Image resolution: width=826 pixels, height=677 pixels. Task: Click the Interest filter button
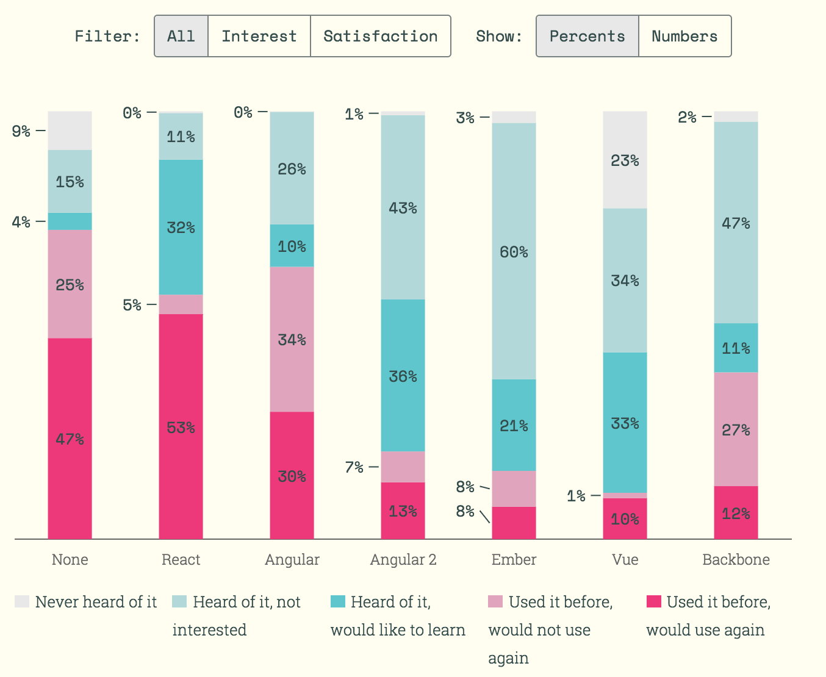pyautogui.click(x=259, y=37)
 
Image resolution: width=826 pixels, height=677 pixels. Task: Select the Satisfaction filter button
pyautogui.click(x=380, y=37)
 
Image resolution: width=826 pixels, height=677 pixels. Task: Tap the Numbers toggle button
pyautogui.click(x=684, y=37)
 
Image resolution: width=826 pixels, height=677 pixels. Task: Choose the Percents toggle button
pyautogui.click(x=587, y=37)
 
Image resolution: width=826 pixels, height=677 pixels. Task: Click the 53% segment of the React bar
pyautogui.click(x=181, y=426)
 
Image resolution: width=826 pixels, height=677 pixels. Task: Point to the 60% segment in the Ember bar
pyautogui.click(x=514, y=251)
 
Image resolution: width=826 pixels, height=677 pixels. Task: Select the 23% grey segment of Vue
pyautogui.click(x=625, y=160)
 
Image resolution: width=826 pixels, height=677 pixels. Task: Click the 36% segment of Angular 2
pyautogui.click(x=403, y=375)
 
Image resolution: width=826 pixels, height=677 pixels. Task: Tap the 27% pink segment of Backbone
pyautogui.click(x=736, y=429)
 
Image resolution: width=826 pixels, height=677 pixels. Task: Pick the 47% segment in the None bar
pyautogui.click(x=70, y=438)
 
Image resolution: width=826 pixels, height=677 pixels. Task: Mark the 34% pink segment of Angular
pyautogui.click(x=292, y=339)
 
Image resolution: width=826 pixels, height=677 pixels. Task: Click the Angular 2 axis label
pyautogui.click(x=403, y=560)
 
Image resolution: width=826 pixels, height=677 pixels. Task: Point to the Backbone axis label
pyautogui.click(x=736, y=560)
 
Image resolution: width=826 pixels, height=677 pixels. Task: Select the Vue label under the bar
pyautogui.click(x=625, y=560)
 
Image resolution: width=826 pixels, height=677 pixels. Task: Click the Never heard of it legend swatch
pyautogui.click(x=22, y=601)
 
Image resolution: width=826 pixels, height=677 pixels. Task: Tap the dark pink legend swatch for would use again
pyautogui.click(x=653, y=601)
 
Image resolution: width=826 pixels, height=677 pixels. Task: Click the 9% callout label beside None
pyautogui.click(x=21, y=131)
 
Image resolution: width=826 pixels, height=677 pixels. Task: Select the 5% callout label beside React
pyautogui.click(x=132, y=304)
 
